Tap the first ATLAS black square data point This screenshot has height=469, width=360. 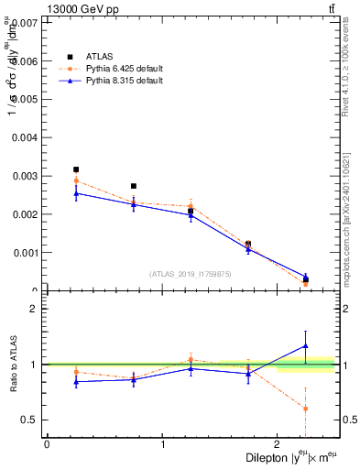(x=76, y=169)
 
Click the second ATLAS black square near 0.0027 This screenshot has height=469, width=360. (x=134, y=186)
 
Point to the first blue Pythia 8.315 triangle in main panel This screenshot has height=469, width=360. (x=76, y=193)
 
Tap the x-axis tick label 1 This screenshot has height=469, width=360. (x=162, y=444)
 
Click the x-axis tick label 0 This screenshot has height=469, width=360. (x=47, y=444)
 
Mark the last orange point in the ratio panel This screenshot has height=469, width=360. (x=306, y=409)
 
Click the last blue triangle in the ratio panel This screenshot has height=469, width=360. (x=306, y=346)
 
